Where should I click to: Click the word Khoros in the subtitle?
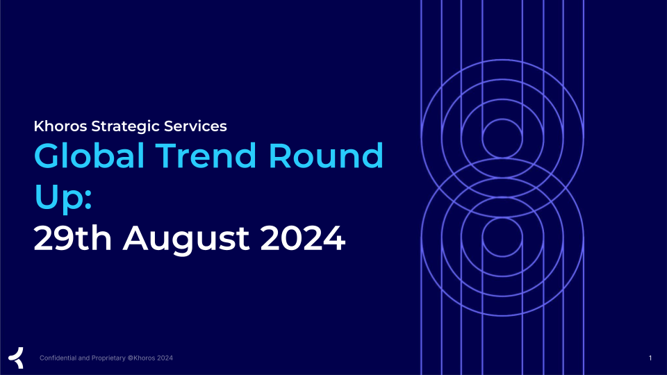tap(60, 126)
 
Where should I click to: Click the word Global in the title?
tap(90, 156)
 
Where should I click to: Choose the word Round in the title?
tap(326, 156)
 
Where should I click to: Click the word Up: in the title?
tap(63, 197)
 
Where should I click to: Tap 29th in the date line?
tap(73, 238)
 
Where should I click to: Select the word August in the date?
tap(186, 240)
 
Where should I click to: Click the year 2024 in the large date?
tap(303, 238)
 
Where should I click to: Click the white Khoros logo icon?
tap(16, 358)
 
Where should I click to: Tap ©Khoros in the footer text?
tap(141, 358)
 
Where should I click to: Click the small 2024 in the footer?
tap(165, 358)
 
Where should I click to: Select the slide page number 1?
tap(650, 358)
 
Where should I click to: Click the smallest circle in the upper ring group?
tap(502, 119)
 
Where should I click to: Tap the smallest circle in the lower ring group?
tap(502, 217)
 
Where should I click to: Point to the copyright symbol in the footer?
tap(130, 358)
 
